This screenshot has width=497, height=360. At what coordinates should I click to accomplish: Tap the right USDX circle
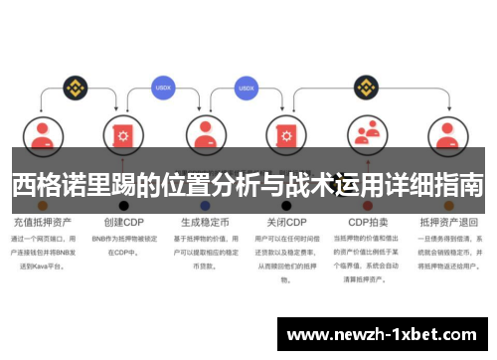pos(247,88)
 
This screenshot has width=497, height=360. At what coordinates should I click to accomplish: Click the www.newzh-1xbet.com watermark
pos(383,335)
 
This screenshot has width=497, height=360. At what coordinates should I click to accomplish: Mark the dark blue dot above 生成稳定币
pos(205,205)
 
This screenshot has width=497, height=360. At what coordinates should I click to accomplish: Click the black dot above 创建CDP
pos(123,205)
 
